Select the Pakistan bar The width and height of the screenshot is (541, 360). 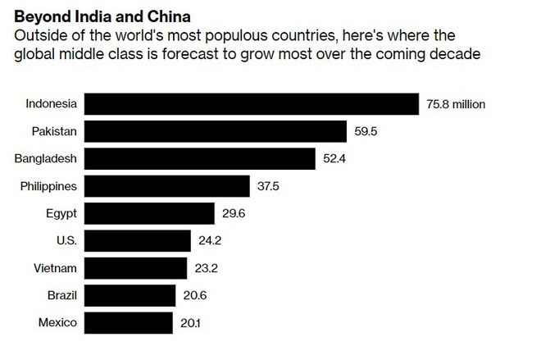216,131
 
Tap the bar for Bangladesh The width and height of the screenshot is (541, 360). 200,158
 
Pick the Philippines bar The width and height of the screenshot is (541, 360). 167,186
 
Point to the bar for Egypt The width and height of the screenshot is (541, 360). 149,213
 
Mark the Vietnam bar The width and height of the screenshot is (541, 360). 136,268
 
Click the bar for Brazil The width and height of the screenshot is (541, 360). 130,295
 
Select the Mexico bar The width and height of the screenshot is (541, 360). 129,322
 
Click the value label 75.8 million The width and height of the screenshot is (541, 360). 456,104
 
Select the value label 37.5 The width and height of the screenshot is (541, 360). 268,186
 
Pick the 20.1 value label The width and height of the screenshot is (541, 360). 190,323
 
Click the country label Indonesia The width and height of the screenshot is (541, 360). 51,104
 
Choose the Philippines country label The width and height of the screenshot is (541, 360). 48,186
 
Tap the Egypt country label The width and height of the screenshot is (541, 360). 61,213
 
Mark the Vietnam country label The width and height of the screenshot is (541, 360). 57,268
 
